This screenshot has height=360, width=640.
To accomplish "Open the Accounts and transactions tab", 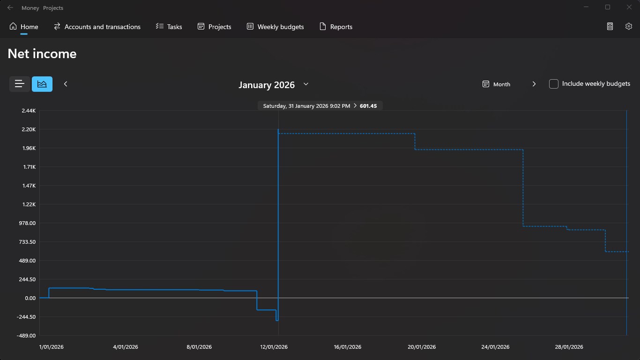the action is coord(97,27).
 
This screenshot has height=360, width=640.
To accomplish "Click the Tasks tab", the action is coord(169,27).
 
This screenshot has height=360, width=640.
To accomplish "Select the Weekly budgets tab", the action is coord(275,27).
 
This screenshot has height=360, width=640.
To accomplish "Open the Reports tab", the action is coord(336,27).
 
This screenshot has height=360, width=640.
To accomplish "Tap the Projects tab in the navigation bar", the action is coord(214,27).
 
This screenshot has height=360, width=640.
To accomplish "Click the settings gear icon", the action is coord(629,26).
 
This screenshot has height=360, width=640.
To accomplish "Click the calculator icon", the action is coord(610,26).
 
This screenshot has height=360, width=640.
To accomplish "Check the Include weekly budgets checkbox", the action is coord(554,84).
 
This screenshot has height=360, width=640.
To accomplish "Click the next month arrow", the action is coord(534,84).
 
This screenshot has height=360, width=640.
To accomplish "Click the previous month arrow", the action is coord(66,84).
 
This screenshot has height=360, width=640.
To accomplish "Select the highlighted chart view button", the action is coord(42,84).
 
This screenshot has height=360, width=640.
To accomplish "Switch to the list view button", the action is coord(19,84).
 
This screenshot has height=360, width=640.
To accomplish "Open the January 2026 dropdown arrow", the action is coord(306,84).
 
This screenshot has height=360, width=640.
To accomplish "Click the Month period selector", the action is coord(496,84).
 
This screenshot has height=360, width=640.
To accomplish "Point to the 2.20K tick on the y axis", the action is coord(29,129).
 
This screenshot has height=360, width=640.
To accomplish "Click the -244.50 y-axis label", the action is coord(26,317).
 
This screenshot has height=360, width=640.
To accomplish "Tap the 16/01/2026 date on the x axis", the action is coord(348,347).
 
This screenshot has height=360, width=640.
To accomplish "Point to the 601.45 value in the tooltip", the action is coord(368,106).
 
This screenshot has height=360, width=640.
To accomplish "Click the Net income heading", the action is coord(42,54).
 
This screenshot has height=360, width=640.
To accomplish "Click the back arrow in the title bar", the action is coord(10,7).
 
